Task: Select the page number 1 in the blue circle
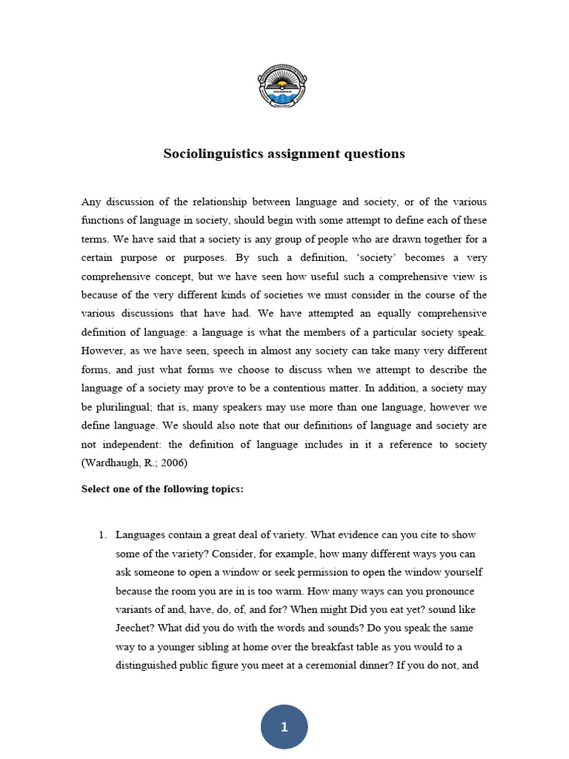(x=284, y=727)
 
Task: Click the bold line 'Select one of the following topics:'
(x=162, y=490)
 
